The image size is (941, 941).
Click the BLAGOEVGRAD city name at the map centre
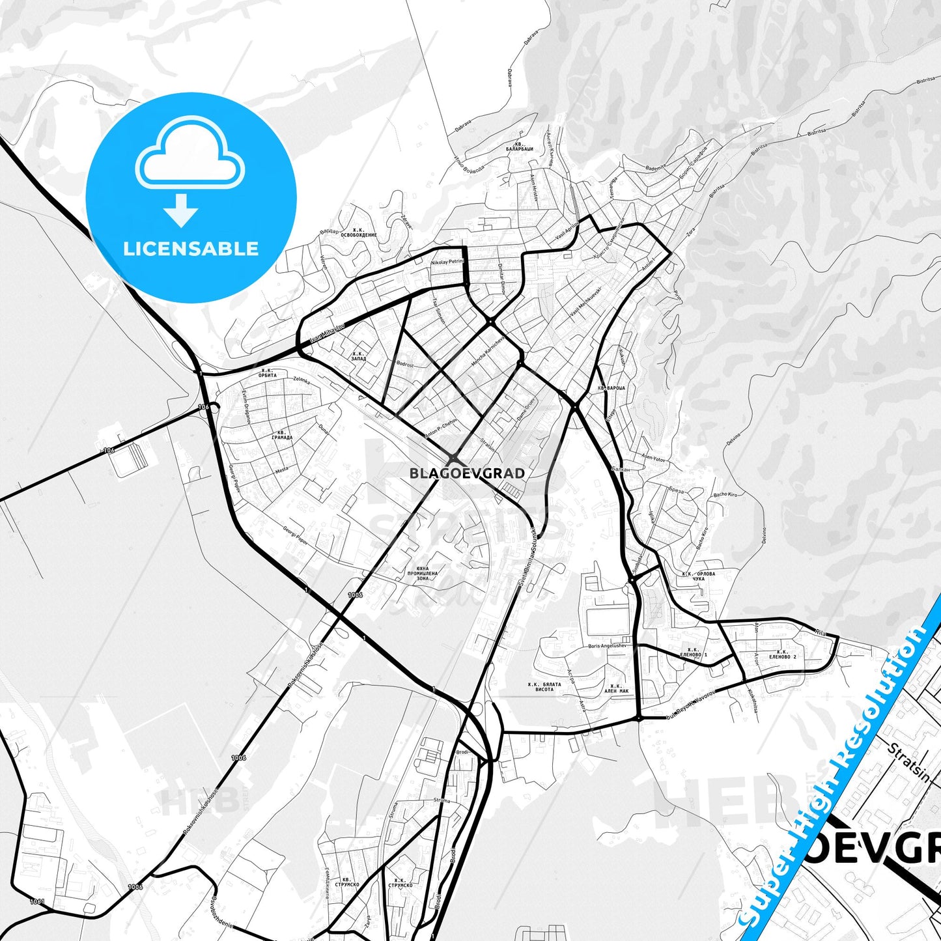click(467, 473)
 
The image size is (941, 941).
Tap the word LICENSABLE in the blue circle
click(191, 248)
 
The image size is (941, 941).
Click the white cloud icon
click(190, 152)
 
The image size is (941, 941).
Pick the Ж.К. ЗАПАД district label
click(358, 356)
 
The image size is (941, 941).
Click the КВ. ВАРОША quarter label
click(611, 388)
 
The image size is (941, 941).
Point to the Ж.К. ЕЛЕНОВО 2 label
click(782, 654)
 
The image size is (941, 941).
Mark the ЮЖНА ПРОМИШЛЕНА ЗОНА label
click(423, 574)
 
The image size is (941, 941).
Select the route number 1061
click(36, 902)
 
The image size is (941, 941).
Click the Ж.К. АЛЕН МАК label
click(615, 688)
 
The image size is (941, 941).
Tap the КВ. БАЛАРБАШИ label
click(519, 147)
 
